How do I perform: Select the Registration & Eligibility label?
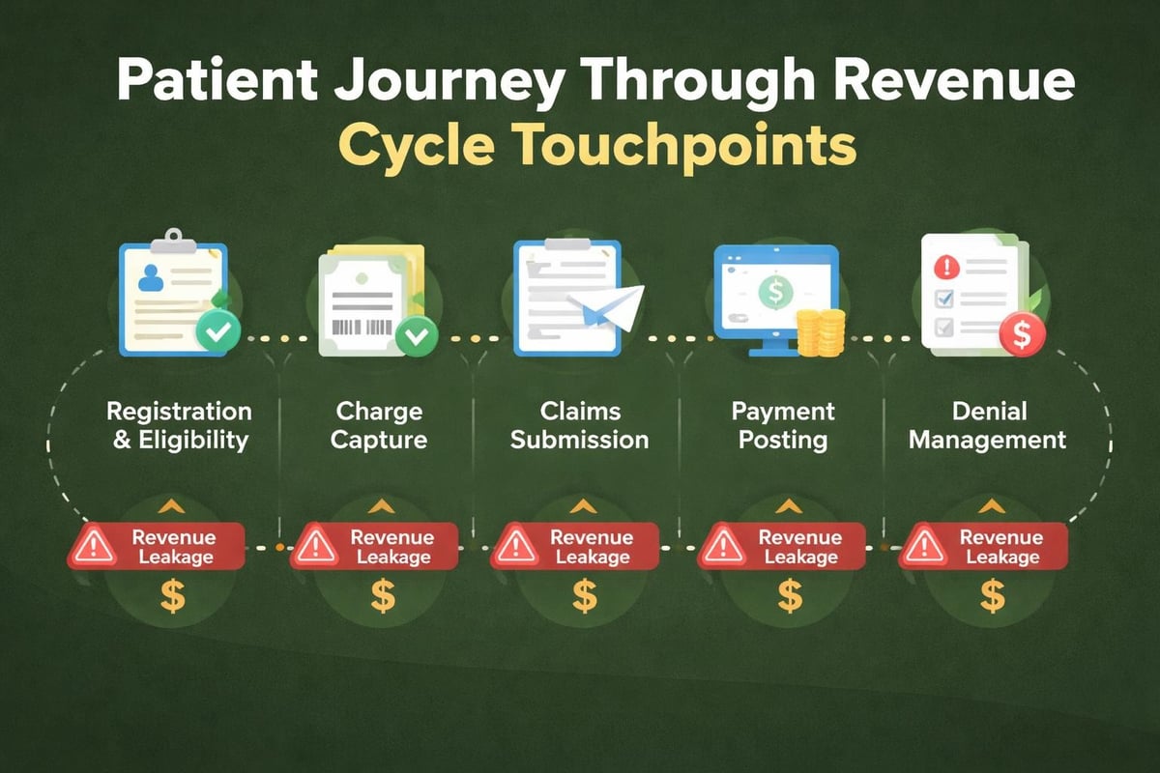[179, 426]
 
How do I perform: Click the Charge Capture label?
[376, 426]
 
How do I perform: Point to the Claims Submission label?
[579, 426]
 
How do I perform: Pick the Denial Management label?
[987, 426]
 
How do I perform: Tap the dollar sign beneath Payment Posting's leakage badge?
[790, 596]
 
